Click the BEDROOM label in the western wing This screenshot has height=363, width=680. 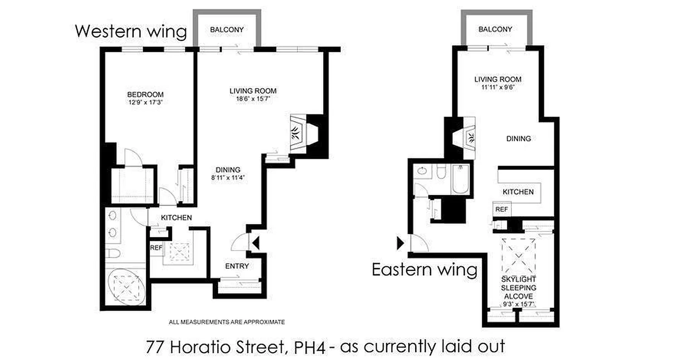tap(145, 94)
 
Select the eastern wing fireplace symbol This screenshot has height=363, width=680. tap(469, 136)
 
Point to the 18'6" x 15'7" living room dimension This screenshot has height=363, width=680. tap(253, 98)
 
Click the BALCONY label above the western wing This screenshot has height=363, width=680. tap(227, 30)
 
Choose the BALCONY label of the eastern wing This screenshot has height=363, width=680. tap(495, 29)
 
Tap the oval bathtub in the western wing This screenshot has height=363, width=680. tap(126, 287)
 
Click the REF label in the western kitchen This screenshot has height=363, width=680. tap(156, 248)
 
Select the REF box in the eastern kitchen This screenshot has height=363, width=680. tap(501, 210)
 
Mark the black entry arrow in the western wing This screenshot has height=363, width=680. tap(255, 244)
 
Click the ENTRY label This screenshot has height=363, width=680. tap(237, 266)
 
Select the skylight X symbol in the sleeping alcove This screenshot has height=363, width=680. tap(519, 255)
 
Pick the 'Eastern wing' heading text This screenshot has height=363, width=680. tap(424, 270)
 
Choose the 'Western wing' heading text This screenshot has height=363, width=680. tap(131, 32)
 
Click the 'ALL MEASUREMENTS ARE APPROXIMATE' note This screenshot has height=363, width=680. tap(227, 322)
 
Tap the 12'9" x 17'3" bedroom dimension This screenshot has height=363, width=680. tap(145, 103)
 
